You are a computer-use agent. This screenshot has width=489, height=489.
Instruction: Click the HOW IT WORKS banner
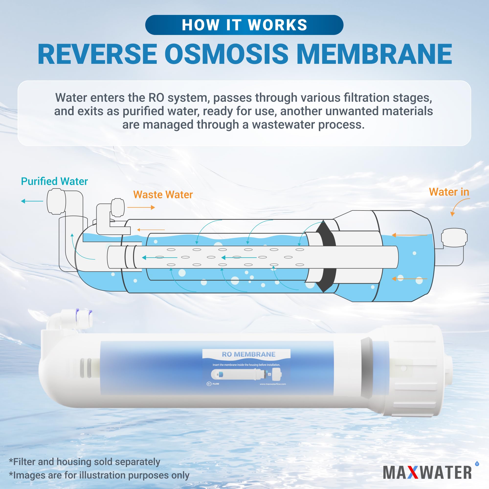pyautogui.click(x=244, y=25)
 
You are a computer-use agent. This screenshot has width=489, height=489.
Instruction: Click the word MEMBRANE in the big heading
pyautogui.click(x=374, y=54)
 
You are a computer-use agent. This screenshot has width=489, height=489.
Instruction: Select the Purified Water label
pyautogui.click(x=54, y=181)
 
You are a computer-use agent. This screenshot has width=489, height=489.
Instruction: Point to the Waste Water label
pyautogui.click(x=163, y=195)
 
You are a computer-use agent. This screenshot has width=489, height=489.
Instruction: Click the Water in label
pyautogui.click(x=449, y=192)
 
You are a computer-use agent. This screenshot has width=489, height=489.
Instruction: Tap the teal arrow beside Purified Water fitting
pyautogui.click(x=32, y=201)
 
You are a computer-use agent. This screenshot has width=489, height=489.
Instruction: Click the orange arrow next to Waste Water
pyautogui.click(x=141, y=208)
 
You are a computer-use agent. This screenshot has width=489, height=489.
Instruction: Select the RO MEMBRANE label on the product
pyautogui.click(x=248, y=354)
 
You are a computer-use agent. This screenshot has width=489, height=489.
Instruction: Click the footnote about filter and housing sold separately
pyautogui.click(x=85, y=462)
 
